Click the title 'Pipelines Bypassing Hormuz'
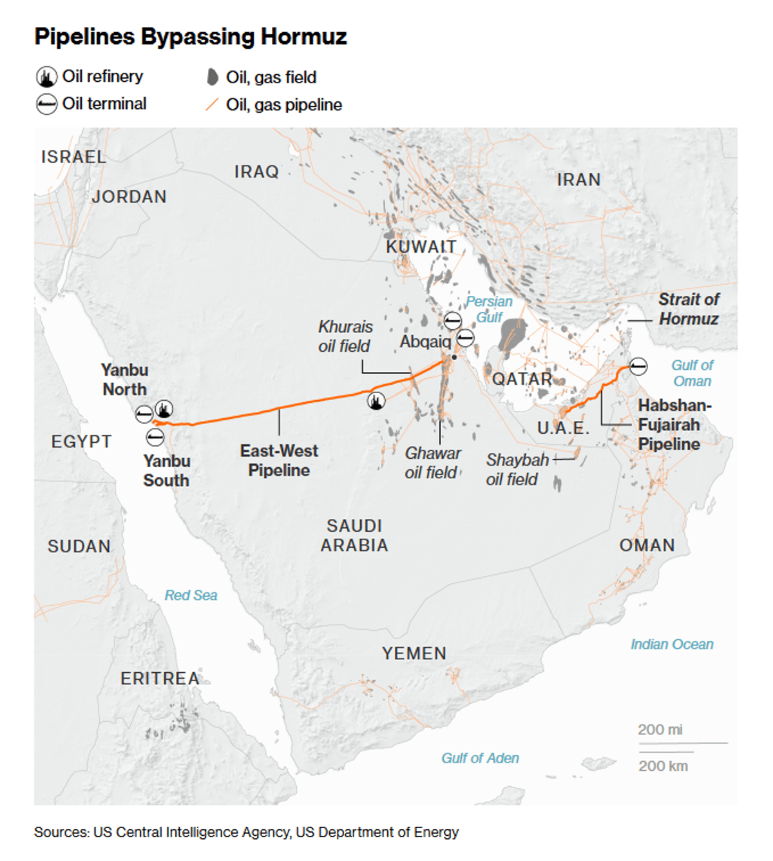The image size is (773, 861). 191,37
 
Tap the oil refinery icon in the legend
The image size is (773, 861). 46,77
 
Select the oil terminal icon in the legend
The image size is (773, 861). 46,104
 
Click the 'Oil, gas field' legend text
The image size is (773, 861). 271,77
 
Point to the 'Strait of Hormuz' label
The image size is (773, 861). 688,309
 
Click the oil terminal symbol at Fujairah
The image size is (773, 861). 638,366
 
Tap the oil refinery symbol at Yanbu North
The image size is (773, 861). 164,409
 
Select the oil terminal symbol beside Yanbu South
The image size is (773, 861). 155,438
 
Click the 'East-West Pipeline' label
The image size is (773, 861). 279,460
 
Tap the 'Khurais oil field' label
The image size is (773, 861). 345,336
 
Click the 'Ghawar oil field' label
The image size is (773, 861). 432,463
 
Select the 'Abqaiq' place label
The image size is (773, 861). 425,342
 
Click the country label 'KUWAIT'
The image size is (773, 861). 421,247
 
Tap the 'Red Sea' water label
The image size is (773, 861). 191,595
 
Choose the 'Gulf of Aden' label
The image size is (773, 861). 480,758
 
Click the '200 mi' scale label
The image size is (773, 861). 660,730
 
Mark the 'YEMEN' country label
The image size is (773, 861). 414,653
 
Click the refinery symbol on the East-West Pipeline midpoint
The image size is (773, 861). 376,401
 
